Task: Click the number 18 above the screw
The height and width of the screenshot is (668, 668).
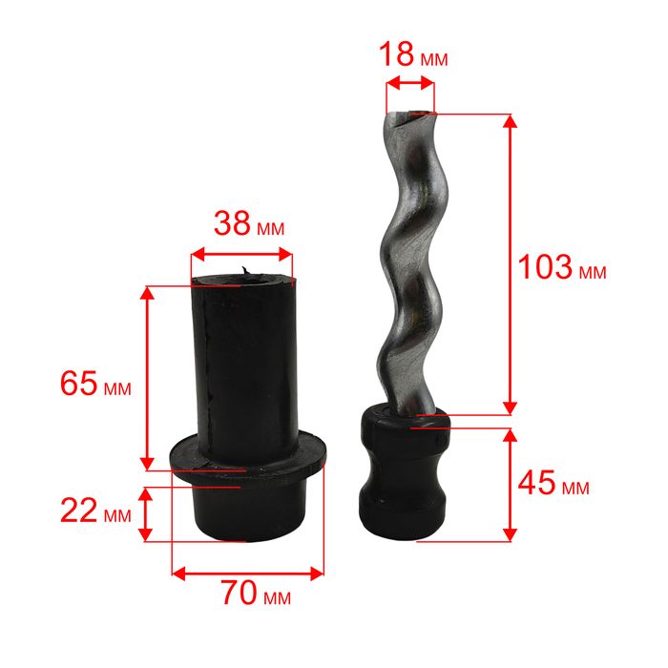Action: [396, 54]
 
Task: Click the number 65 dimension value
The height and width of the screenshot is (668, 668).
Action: [79, 383]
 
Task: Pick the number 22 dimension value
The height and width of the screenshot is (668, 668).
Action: [79, 510]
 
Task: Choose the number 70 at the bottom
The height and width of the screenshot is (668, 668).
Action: [239, 593]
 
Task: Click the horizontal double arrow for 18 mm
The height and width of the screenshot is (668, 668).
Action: [409, 83]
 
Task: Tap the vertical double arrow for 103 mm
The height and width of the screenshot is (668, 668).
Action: [510, 264]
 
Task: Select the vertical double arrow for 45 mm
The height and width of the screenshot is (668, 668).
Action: [510, 485]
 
